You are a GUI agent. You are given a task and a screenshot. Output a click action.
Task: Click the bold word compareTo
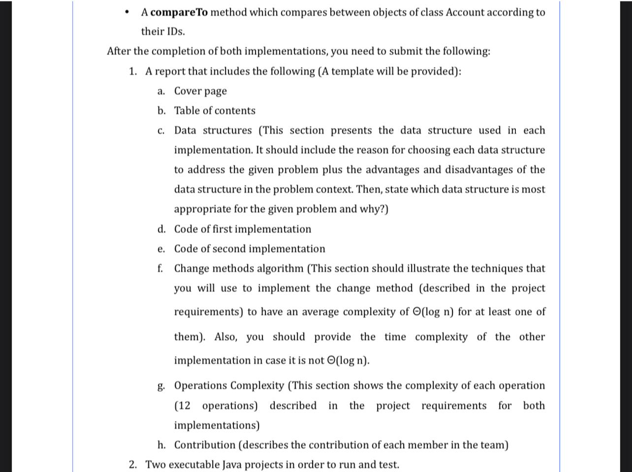coord(179,12)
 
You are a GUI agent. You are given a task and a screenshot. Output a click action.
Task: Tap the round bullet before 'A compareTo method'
coord(128,12)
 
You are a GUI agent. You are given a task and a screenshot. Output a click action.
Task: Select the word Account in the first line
coord(465,12)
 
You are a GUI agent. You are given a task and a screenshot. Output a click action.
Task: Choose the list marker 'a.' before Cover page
coord(161,91)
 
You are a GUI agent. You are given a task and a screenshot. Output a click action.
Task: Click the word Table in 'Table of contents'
coord(187,111)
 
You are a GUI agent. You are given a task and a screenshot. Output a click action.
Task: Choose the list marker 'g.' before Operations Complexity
coord(161,386)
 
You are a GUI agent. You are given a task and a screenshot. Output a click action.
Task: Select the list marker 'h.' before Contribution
coord(161,445)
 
